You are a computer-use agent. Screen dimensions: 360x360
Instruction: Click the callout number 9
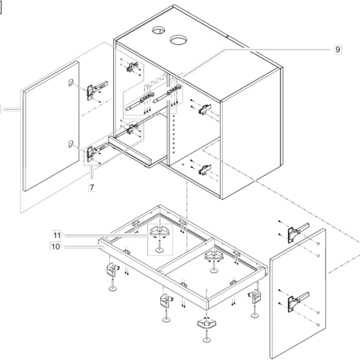point(338,49)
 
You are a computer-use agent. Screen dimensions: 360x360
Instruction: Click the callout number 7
point(92,187)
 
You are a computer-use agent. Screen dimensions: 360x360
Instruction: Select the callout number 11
point(57,235)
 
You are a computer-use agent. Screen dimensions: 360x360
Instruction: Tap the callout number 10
point(56,246)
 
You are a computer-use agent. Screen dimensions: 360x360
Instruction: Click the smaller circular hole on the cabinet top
point(158,30)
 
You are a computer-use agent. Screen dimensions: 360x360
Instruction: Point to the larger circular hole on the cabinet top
point(178,39)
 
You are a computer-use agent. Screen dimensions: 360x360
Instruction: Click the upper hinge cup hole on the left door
point(70,82)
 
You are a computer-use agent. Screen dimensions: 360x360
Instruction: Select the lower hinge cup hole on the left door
point(71,144)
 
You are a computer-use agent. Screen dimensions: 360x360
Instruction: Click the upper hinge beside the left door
point(96,90)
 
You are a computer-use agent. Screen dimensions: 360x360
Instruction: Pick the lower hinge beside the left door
point(96,152)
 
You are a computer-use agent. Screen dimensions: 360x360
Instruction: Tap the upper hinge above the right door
point(297,232)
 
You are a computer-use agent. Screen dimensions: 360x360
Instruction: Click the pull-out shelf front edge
point(129,151)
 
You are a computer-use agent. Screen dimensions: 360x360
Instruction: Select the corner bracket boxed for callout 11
point(160,231)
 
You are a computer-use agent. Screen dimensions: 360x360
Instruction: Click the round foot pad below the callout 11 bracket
point(160,250)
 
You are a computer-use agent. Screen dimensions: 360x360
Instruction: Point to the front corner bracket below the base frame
point(207,323)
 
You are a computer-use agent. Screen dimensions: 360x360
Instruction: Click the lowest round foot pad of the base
point(207,340)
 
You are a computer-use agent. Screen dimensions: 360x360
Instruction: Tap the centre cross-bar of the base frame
point(186,255)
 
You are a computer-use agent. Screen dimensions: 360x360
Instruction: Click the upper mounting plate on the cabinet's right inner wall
point(205,109)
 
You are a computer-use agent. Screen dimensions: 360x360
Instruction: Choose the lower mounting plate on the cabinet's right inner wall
point(205,170)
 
